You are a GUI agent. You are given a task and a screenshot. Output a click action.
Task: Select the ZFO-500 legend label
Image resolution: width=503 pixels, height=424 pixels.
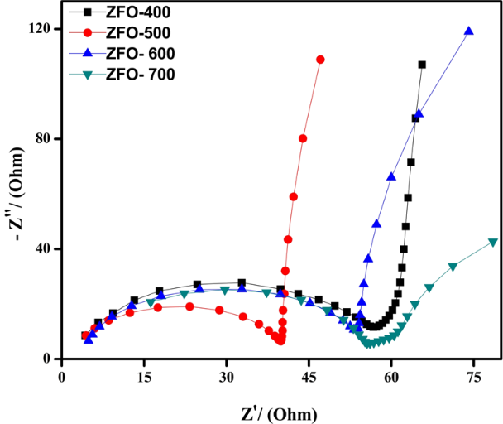[x=139, y=34]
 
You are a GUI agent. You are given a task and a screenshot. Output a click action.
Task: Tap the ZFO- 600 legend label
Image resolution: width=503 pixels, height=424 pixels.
[x=141, y=54]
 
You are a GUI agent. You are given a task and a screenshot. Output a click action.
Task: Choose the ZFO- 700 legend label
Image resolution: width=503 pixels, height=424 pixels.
[x=141, y=74]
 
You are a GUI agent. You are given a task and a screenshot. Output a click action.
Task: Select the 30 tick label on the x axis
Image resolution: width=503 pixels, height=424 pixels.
[x=225, y=377]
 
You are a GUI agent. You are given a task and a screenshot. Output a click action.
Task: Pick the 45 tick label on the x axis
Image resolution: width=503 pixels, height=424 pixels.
[x=308, y=377]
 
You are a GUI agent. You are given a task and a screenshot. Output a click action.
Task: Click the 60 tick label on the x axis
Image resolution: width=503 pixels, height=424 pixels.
[x=390, y=377]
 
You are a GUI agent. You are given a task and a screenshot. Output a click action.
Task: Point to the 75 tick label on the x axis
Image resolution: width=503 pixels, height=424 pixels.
[x=472, y=377]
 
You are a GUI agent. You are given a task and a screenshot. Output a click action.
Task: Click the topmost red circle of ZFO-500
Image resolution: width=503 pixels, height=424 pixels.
[x=320, y=60]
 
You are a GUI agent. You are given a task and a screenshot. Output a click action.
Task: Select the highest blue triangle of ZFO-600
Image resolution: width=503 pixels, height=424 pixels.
[x=469, y=31]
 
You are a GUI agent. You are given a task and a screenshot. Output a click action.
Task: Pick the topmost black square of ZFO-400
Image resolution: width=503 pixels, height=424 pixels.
[x=422, y=65]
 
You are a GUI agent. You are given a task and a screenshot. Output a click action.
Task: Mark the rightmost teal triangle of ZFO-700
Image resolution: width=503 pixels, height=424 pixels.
[x=493, y=243]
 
